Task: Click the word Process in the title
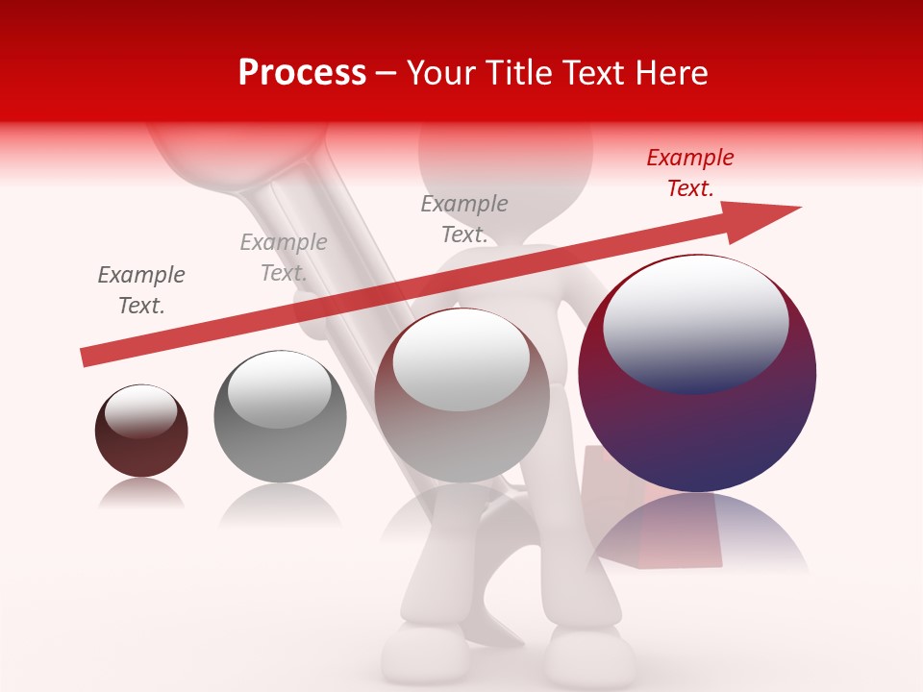[x=302, y=73]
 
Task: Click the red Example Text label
[x=690, y=173]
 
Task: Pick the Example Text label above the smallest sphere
[x=141, y=290]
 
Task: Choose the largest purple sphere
[x=697, y=423]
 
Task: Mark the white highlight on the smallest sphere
[x=140, y=410]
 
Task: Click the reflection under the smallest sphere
[x=141, y=494]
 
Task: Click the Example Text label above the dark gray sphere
[x=284, y=258]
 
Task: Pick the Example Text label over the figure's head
[x=464, y=219]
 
